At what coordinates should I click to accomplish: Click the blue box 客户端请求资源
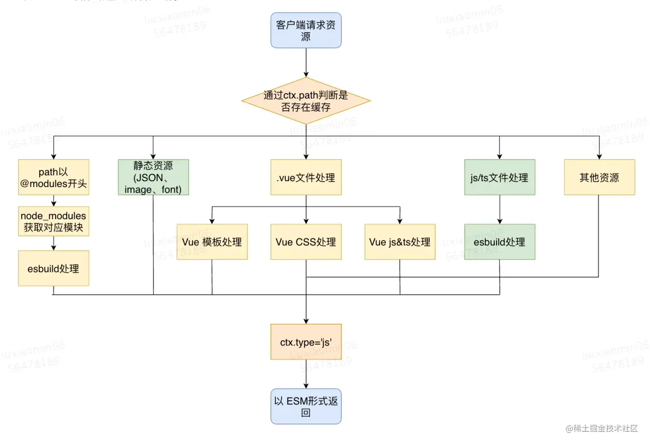point(306,30)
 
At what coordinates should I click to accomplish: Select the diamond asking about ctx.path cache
point(306,101)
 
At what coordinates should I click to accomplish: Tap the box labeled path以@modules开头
point(53,177)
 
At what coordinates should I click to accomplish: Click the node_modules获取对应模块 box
point(53,221)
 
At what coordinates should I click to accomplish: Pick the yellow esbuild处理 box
point(53,268)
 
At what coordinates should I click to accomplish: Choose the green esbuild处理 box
point(499,242)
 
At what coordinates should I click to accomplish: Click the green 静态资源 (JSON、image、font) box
point(153,177)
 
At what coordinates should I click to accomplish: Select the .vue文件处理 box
point(306,177)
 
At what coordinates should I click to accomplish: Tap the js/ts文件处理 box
point(499,177)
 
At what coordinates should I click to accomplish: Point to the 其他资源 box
point(599,177)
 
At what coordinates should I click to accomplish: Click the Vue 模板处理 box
point(212,242)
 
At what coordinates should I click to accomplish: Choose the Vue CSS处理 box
point(306,242)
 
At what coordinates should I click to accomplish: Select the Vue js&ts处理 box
point(399,242)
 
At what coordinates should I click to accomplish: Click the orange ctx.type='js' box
point(306,342)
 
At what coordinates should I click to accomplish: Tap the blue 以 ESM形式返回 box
point(306,406)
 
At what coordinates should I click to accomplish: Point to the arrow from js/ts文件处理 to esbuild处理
point(500,209)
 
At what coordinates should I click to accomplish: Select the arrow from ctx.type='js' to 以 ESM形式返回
point(306,374)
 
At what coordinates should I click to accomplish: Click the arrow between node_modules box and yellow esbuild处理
point(54,243)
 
